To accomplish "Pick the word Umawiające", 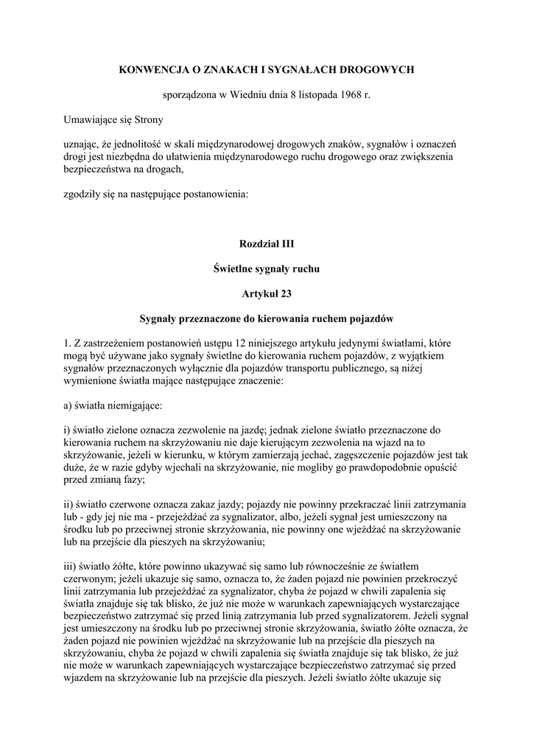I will (x=91, y=119).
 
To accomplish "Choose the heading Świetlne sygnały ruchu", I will (x=267, y=269).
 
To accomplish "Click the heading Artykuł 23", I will (x=267, y=295).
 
